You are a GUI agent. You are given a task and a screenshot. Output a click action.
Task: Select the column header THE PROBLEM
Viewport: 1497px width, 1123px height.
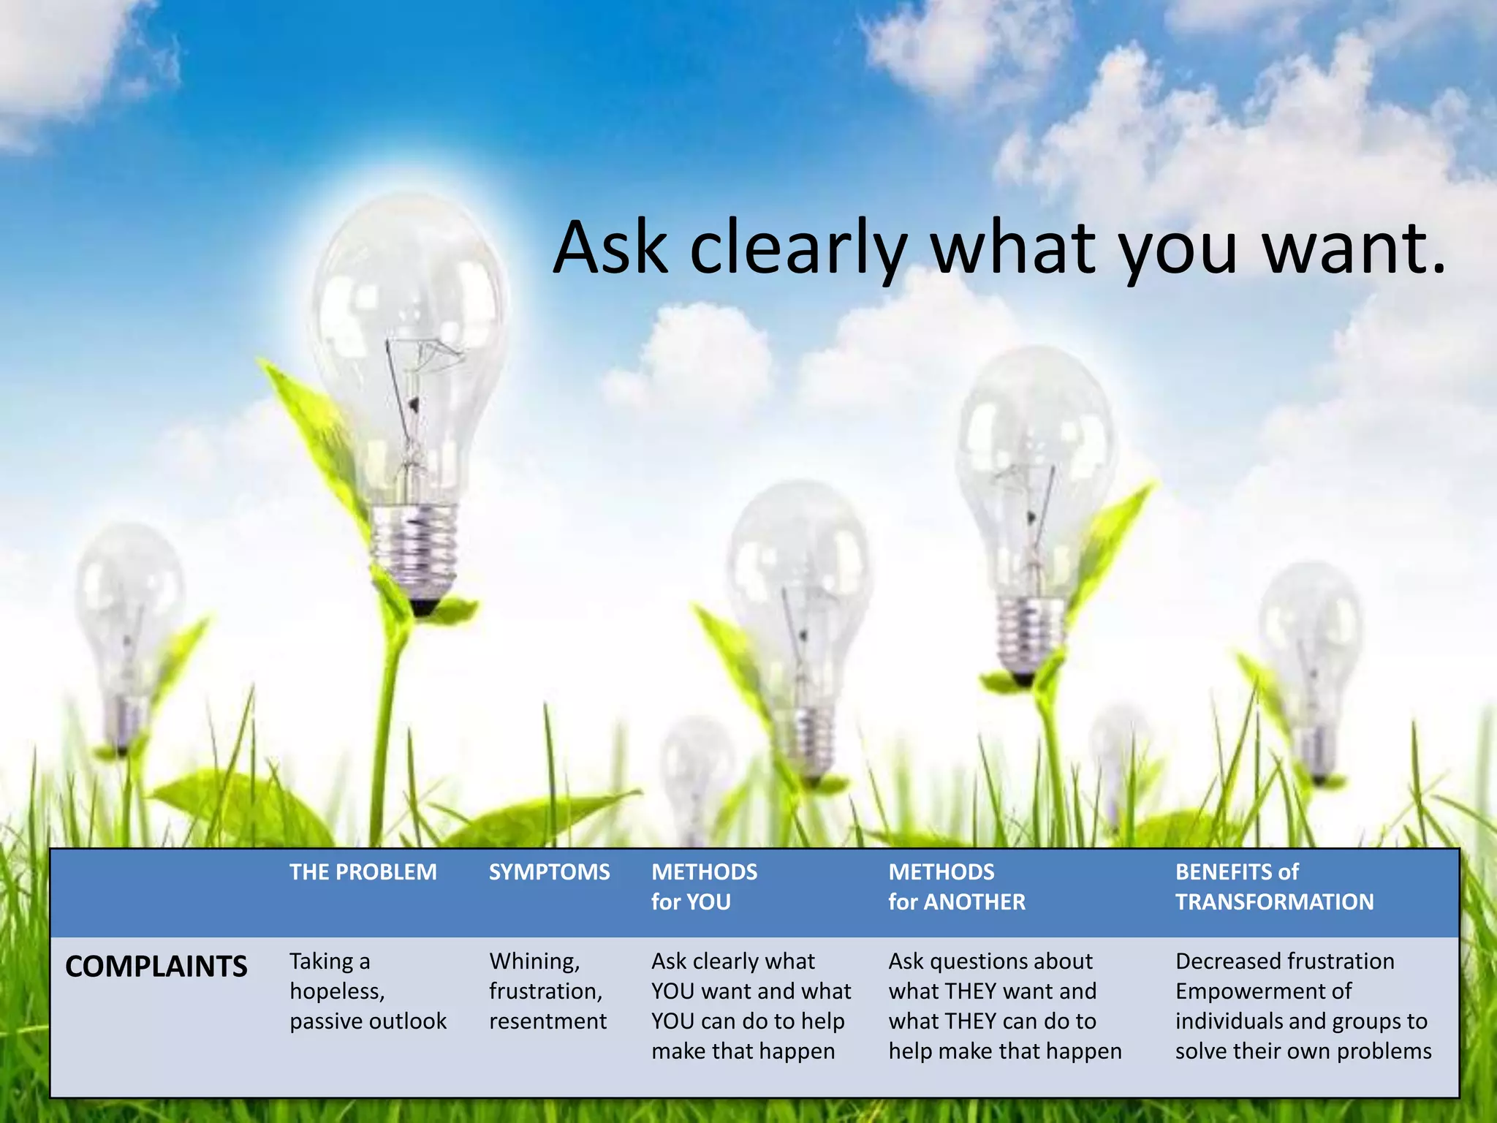click(363, 871)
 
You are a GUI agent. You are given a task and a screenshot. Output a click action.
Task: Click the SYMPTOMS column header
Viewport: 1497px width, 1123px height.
click(549, 871)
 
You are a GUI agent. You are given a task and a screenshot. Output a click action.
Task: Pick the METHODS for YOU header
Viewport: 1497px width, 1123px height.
click(704, 886)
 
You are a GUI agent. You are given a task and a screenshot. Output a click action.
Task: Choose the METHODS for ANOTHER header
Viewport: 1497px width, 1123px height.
click(956, 886)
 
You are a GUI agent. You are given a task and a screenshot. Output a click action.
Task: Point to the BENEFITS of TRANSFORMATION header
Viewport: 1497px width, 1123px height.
click(1274, 886)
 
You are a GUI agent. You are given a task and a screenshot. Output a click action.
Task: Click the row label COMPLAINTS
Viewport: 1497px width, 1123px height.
click(156, 967)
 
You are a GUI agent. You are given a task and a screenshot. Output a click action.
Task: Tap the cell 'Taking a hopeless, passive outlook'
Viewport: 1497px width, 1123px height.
click(367, 991)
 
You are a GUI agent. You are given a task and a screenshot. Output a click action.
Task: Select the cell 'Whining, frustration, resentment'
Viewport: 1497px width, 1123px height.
click(547, 991)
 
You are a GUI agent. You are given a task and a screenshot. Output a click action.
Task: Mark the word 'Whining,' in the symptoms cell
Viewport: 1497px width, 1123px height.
click(534, 961)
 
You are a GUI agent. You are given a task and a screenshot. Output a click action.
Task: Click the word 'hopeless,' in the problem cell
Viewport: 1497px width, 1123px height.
click(337, 991)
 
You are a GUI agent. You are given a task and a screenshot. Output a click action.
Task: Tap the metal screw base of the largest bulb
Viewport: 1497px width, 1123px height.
click(414, 548)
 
